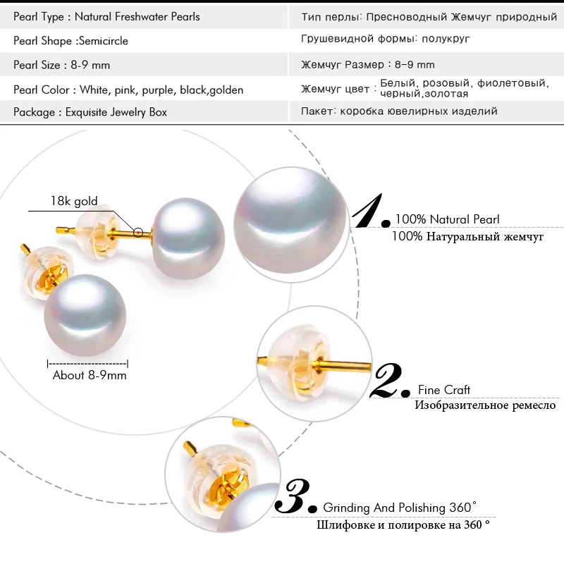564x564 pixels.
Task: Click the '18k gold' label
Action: coord(74,202)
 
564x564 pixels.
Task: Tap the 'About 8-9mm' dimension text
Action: coord(90,375)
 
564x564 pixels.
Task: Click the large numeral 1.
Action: coord(372,211)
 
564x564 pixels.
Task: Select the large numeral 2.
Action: coord(390,381)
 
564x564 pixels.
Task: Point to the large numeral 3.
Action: coord(296,498)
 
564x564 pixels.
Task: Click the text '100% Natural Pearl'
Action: coord(447,220)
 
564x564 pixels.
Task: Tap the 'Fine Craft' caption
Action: coord(444,390)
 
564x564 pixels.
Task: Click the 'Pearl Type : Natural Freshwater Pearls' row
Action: coord(106,16)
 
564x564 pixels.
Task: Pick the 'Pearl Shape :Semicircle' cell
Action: coord(70,41)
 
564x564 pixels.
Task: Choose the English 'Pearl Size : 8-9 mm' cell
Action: coord(62,66)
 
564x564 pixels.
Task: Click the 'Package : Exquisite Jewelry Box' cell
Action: coord(90,112)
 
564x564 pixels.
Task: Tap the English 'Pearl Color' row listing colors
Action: coord(128,90)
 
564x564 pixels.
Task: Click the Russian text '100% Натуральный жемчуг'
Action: coord(467,237)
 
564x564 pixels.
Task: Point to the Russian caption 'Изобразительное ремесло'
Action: coord(484,405)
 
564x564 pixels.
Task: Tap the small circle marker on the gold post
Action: coord(138,231)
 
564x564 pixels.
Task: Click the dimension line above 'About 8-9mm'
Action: coord(87,363)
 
